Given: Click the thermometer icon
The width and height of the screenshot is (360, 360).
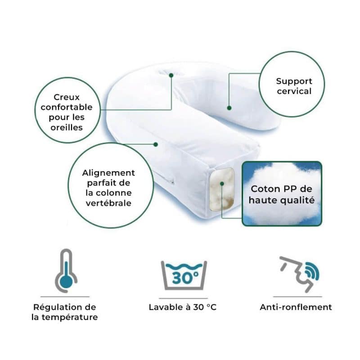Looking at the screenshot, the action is click(x=66, y=271).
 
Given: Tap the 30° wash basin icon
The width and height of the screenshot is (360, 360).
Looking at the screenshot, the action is click(x=184, y=275).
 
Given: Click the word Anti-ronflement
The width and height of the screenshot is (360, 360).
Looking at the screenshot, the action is click(x=296, y=307).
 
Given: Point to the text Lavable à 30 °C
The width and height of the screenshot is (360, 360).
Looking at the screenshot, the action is click(x=183, y=307).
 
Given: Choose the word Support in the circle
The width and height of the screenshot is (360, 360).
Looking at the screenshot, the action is click(x=294, y=81).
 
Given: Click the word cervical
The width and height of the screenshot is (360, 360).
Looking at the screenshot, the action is click(x=294, y=91).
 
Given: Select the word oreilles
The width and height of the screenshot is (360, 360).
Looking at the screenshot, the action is click(x=67, y=127).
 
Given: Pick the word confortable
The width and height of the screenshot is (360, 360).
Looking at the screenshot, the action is click(x=67, y=107).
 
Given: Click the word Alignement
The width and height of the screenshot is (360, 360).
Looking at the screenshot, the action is click(x=108, y=173).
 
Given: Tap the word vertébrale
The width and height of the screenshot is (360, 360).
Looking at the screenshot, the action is click(x=108, y=203).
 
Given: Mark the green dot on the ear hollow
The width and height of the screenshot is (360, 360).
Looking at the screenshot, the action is click(x=171, y=75).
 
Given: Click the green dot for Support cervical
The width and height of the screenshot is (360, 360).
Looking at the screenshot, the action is click(x=229, y=108).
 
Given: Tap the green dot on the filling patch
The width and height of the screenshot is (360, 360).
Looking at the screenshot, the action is click(x=222, y=184).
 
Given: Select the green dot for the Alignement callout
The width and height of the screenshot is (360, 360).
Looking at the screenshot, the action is click(x=156, y=144).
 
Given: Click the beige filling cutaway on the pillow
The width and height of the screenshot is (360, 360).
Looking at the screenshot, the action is click(x=221, y=189).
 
